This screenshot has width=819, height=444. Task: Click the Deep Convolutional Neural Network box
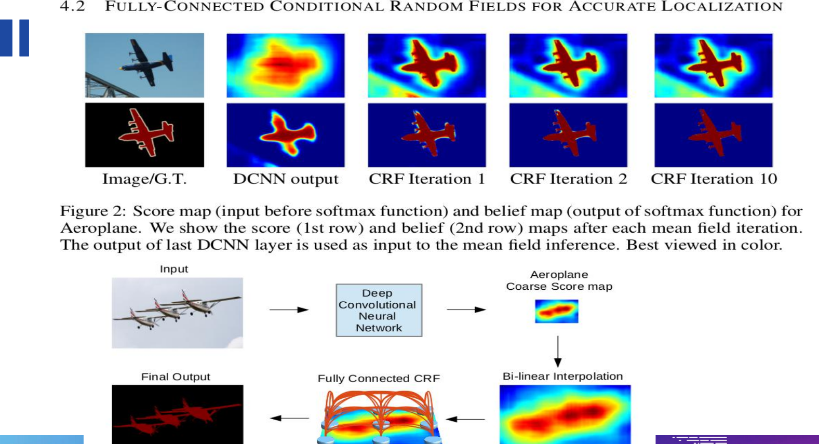click(379, 310)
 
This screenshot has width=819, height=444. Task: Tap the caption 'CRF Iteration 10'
click(714, 179)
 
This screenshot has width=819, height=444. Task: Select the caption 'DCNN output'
click(286, 179)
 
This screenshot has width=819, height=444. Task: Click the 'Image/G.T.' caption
click(144, 179)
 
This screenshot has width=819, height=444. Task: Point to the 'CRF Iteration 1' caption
click(427, 179)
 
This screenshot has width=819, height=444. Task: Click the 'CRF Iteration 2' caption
click(569, 179)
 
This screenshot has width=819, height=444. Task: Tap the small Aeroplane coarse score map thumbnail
click(557, 311)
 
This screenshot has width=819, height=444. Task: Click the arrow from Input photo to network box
click(289, 310)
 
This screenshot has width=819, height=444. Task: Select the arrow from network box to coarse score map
click(466, 310)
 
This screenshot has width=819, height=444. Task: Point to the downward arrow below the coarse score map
click(558, 352)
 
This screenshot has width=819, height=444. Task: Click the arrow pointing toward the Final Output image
click(290, 418)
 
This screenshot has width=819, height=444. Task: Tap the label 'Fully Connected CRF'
click(379, 379)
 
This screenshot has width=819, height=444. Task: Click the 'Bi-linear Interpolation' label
click(562, 376)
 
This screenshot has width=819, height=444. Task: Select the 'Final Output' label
click(176, 377)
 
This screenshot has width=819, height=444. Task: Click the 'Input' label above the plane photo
click(174, 269)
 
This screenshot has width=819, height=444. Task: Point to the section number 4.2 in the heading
click(72, 6)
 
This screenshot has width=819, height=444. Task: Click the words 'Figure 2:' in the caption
click(93, 211)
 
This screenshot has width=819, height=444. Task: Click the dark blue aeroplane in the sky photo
click(146, 62)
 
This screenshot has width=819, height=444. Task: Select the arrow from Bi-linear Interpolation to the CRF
click(465, 419)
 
